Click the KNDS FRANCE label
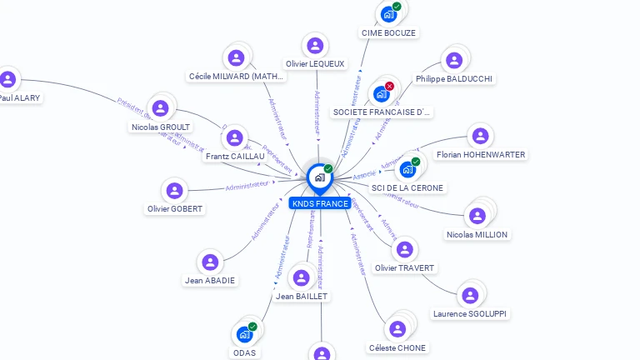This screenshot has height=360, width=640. [320, 203]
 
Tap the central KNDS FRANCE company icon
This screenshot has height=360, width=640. [319, 177]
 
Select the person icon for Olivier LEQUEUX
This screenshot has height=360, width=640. [315, 46]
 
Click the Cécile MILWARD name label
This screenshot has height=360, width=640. [237, 77]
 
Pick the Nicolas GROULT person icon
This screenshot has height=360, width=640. [161, 108]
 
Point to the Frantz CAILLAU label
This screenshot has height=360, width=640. [235, 156]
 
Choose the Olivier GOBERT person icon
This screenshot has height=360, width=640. [174, 191]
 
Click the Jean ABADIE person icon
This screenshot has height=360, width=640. [211, 262]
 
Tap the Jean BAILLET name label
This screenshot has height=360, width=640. [302, 296]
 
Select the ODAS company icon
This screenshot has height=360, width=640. [244, 334]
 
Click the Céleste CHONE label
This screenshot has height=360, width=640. [397, 347]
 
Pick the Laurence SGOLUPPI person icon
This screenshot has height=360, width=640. [470, 296]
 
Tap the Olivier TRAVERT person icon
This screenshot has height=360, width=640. [405, 250]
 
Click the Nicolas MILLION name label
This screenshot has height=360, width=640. [477, 235]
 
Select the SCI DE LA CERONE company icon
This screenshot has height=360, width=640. [407, 169]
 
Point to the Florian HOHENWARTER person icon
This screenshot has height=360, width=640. [480, 137]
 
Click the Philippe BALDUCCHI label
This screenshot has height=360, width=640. [454, 78]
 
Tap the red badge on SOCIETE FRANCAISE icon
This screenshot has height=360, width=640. [389, 86]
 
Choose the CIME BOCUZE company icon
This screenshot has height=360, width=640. [387, 14]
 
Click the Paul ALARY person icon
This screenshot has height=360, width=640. [8, 80]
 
